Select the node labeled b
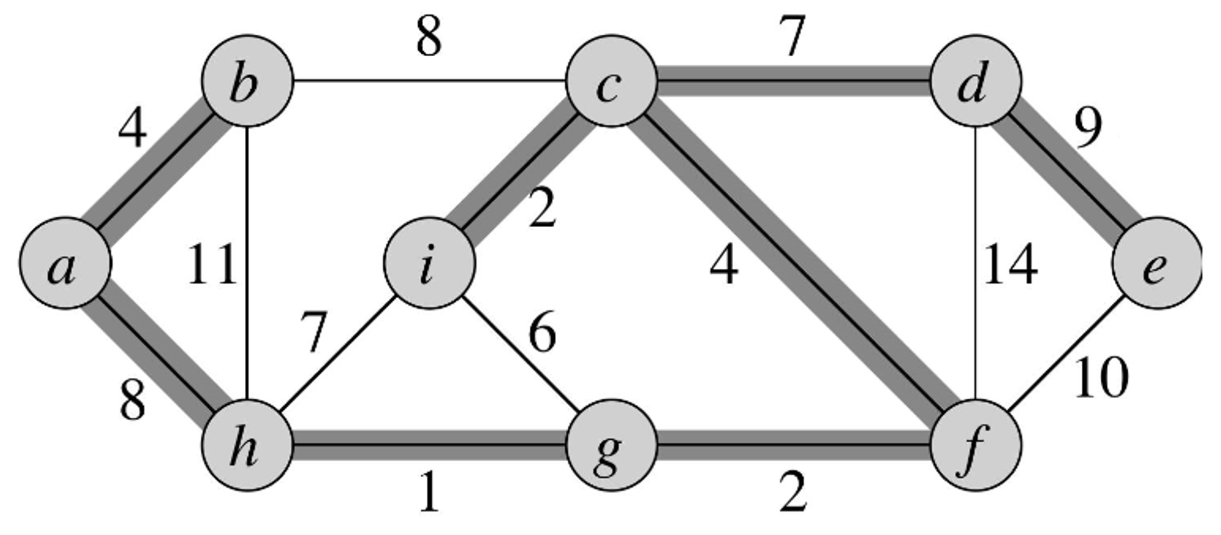[x=247, y=81]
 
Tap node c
[x=611, y=81]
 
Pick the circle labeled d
[x=976, y=81]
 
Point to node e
[x=1156, y=263]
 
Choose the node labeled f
[x=976, y=445]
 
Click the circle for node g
[x=611, y=445]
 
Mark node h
[x=247, y=445]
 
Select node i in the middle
[x=429, y=263]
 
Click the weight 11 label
[x=211, y=264]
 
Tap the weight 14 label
[x=1010, y=264]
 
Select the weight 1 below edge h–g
[x=430, y=492]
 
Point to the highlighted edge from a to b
[x=156, y=172]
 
